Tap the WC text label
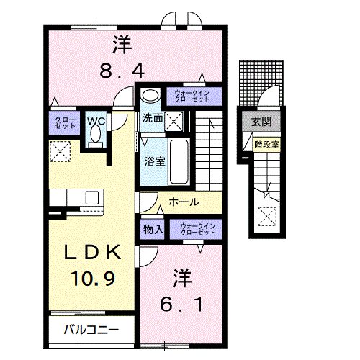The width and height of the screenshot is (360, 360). click(x=96, y=122)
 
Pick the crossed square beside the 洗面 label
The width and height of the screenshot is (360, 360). click(x=174, y=120)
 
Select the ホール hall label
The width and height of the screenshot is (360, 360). click(x=184, y=203)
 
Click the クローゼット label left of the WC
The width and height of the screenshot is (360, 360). click(x=62, y=122)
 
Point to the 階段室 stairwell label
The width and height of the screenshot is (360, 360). click(x=266, y=144)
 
